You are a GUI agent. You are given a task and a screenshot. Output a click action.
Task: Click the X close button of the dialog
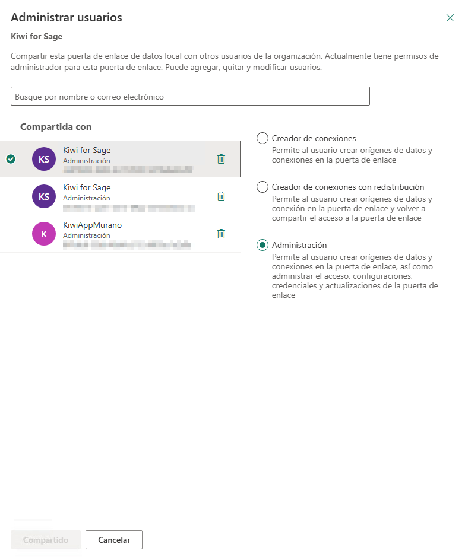(x=450, y=18)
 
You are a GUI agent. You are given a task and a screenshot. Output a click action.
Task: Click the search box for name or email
(x=190, y=96)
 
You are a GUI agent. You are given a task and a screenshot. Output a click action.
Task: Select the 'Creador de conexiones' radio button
(x=262, y=138)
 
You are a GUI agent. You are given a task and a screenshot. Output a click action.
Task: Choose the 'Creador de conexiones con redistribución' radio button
(x=262, y=187)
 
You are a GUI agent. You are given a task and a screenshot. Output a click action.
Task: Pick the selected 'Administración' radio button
(x=262, y=245)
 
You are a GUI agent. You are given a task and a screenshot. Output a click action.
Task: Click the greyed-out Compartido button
(x=46, y=540)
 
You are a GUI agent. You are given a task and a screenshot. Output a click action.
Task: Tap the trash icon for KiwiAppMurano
(x=221, y=234)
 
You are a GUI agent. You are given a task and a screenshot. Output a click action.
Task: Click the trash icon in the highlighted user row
(x=221, y=159)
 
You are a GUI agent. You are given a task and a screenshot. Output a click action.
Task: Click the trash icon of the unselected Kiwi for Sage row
(x=221, y=196)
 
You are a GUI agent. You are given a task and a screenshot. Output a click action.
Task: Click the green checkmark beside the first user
(x=11, y=159)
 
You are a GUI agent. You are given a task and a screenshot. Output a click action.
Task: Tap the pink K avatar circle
(x=44, y=234)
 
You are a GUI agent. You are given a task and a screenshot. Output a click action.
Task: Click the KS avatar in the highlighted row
(x=44, y=159)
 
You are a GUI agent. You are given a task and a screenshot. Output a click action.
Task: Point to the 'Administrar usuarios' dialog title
(x=67, y=17)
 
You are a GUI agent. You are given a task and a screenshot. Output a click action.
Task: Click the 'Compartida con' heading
(x=56, y=127)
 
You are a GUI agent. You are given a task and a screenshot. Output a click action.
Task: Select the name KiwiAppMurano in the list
(x=92, y=225)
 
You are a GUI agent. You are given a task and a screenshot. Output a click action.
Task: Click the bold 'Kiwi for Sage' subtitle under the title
(x=37, y=36)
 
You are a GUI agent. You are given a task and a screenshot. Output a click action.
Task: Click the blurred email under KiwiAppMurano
(x=127, y=244)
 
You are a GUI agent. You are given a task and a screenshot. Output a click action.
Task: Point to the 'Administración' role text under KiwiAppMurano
(x=86, y=235)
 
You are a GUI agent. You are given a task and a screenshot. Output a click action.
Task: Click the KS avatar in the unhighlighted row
(x=44, y=196)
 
